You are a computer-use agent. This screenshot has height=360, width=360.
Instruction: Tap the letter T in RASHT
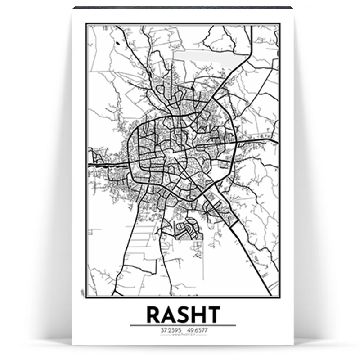click(x=212, y=315)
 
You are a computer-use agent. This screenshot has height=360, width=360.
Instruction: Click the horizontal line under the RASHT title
click(x=183, y=325)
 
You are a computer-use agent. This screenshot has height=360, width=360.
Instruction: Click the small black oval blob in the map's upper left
click(x=117, y=44)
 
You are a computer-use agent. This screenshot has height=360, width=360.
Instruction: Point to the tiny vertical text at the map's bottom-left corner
click(x=83, y=292)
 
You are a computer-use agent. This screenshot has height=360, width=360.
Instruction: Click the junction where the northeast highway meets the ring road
click(x=219, y=99)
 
